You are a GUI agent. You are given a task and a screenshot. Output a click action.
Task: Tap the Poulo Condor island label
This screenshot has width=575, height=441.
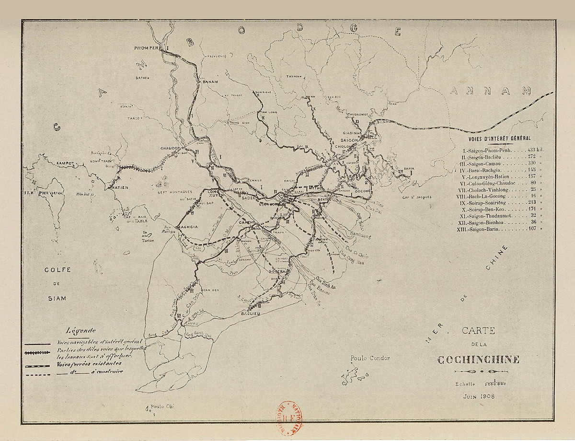click(x=370, y=358)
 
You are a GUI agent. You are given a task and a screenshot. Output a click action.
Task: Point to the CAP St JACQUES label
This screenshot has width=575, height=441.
click(x=417, y=197)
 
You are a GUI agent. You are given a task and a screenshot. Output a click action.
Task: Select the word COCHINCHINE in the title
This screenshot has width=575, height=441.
click(x=478, y=360)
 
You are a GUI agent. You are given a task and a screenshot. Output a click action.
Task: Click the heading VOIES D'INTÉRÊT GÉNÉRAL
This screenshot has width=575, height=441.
click(x=500, y=138)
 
